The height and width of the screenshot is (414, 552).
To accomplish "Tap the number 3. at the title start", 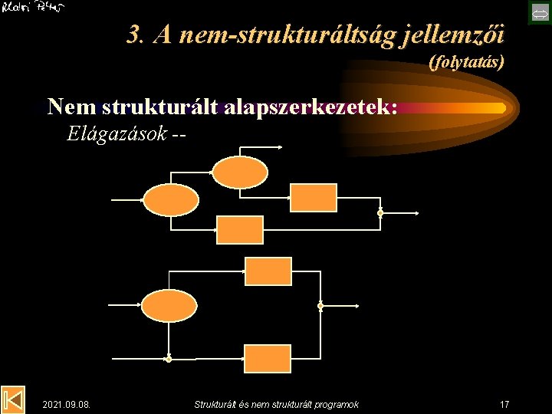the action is [136, 34].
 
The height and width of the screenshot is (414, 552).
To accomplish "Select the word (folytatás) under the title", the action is [467, 61].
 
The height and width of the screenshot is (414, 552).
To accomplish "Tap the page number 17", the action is [504, 404].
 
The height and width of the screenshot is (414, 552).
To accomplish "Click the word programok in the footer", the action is [333, 404].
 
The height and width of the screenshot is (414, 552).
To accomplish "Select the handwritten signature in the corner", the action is [33, 9].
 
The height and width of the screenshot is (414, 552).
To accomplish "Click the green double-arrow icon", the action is [539, 12].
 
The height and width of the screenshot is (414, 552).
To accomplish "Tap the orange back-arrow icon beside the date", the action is [13, 400].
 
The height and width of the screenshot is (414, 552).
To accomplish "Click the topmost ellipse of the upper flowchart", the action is [240, 172].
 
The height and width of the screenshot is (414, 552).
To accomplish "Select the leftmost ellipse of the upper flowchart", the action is [172, 199].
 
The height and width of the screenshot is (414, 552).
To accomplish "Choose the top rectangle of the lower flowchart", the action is [268, 271].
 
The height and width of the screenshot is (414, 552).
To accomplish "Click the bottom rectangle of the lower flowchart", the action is [268, 358].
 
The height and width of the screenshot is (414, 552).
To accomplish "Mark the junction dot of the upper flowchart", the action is [380, 213].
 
